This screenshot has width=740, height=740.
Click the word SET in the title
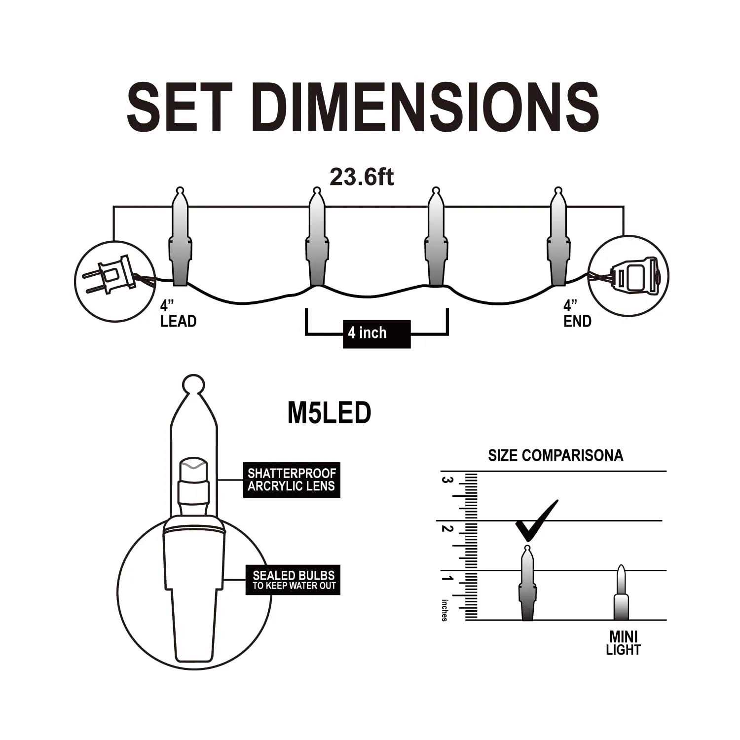179,108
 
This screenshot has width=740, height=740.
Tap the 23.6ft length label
362,177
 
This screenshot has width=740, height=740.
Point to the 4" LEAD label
178,313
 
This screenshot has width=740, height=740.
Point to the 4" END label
577,313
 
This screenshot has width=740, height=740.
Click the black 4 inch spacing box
377,334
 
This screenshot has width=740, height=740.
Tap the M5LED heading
329,413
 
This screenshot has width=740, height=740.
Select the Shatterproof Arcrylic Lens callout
292,480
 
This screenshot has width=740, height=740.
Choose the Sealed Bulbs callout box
293,580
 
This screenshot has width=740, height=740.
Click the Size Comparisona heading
555,455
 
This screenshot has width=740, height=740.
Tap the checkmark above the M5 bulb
537,520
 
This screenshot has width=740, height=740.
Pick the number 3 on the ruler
447,480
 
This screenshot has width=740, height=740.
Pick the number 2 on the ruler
447,529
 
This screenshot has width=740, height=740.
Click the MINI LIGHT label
623,643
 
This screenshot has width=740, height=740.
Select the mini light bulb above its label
621,592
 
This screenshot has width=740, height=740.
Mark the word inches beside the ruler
444,610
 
